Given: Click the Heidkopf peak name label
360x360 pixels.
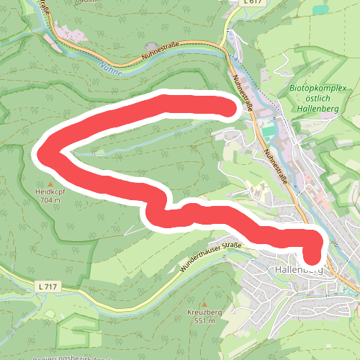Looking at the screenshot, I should coord(50,193).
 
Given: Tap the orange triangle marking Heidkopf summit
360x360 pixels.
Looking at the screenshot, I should coord(50,184).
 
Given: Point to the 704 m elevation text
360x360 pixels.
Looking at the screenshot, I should coord(50,202).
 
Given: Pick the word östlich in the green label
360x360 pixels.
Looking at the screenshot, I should coord(312,99).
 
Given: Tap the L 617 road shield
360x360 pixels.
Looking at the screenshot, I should coord(252,3).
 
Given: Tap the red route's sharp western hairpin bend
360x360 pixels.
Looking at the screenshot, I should coord(43,153).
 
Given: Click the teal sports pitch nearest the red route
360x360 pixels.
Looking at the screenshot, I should coord(268,131).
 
